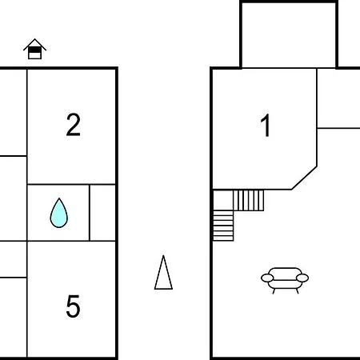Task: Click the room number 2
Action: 73,125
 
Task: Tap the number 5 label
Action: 73,306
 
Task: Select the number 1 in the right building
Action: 266,125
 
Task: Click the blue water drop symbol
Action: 59,213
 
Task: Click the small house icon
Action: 34,49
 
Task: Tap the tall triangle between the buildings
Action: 163,272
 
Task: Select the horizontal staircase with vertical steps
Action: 249,200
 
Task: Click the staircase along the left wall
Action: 223,226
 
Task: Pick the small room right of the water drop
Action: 102,213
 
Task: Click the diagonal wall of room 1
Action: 304,178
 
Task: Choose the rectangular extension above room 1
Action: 289,34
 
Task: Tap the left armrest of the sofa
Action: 267,278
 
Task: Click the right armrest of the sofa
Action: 302,278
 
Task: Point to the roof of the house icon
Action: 34,44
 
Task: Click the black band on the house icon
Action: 34,50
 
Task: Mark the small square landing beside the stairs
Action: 223,200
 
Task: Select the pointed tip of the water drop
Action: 59,198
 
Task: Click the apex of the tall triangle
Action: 163,255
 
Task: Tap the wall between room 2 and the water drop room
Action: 71,184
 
